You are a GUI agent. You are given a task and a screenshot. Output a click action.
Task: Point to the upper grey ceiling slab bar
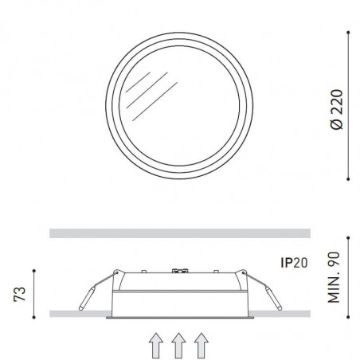[x=178, y=233]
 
